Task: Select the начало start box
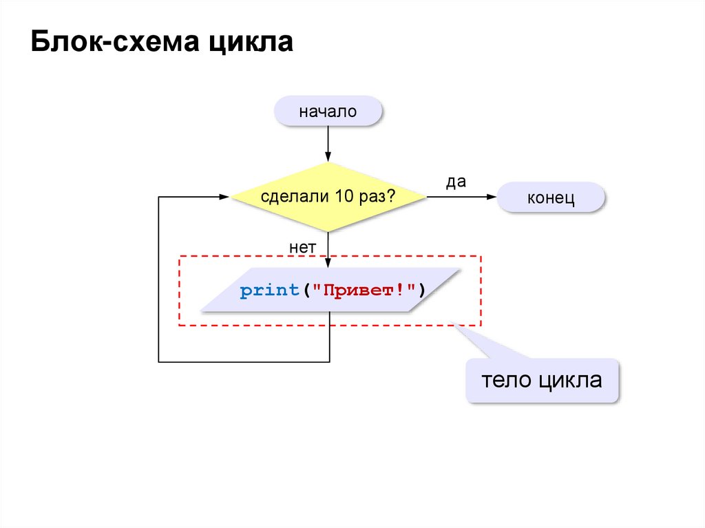pos(328,112)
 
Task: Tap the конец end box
pos(551,198)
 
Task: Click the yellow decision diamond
pos(328,197)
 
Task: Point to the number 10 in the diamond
pos(344,197)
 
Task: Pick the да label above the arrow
pos(456,182)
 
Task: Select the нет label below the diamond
pos(302,246)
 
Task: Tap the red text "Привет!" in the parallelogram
pos(362,291)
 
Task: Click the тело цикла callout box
pos(542,381)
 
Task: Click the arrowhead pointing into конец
pos(492,197)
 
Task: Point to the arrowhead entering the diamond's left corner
pos(224,197)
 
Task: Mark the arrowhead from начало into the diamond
pos(328,157)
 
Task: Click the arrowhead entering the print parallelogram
pos(328,263)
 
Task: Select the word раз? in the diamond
pos(377,197)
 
